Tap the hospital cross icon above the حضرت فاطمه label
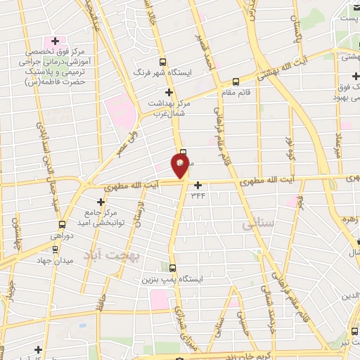[x=55, y=40]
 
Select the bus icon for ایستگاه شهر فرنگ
[x=164, y=63]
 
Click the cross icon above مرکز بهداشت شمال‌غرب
[x=168, y=92]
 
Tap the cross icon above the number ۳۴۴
[x=199, y=185]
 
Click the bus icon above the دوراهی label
[x=62, y=225]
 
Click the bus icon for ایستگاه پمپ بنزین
[x=174, y=267]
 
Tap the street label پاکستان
[x=297, y=32]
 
